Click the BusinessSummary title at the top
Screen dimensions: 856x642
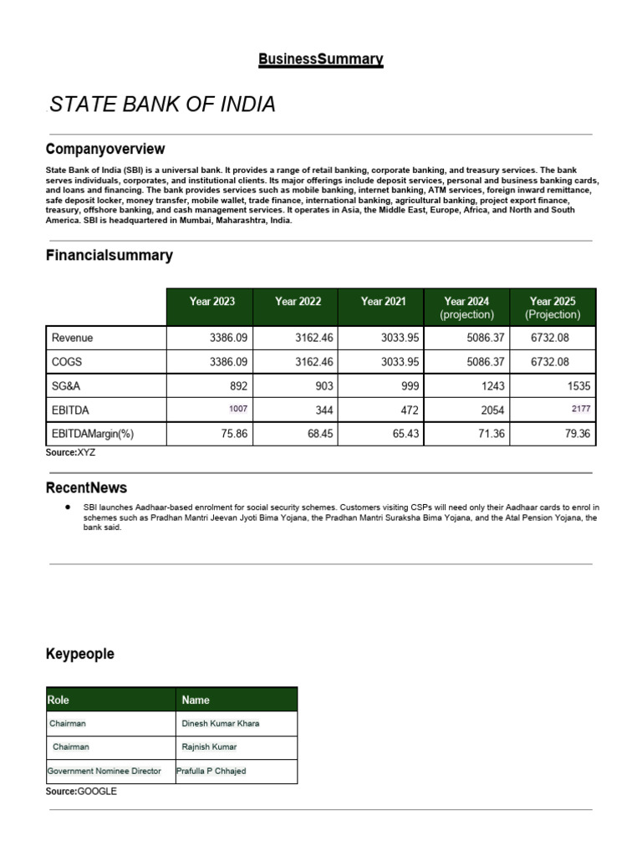(x=321, y=59)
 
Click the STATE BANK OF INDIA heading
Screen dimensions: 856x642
(x=162, y=104)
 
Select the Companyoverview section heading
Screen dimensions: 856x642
(x=105, y=149)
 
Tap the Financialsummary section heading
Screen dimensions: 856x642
(x=110, y=256)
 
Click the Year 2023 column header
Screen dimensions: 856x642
(x=212, y=302)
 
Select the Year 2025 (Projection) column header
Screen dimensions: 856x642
(x=553, y=308)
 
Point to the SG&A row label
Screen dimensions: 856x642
(x=66, y=385)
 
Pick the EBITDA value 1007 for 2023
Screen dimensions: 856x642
(x=237, y=409)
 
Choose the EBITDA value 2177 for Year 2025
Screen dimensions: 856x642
(x=580, y=409)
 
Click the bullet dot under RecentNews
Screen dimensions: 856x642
(x=66, y=507)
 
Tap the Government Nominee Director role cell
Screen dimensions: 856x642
(x=104, y=772)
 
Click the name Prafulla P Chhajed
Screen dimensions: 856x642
(x=211, y=772)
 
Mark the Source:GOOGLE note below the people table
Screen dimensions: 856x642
(x=81, y=791)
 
